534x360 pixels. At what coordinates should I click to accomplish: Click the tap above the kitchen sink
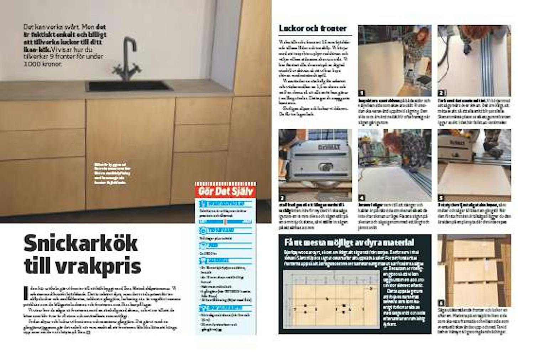pos(126,59)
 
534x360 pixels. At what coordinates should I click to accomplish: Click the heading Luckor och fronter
pos(313,28)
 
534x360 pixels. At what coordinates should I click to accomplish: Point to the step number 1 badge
pos(362,93)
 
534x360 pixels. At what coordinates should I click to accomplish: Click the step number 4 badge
pos(362,198)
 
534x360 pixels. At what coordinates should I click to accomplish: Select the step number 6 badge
pos(441,303)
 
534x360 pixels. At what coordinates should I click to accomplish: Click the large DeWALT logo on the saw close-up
pos(329,147)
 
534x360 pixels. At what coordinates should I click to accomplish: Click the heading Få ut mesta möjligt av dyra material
pos(349,242)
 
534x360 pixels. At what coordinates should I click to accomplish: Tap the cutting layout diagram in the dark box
pos(331,299)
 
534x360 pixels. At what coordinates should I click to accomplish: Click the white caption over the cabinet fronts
pos(112,174)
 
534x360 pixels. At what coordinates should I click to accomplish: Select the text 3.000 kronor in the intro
pos(43,64)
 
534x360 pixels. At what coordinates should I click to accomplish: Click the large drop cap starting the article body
pos(26,293)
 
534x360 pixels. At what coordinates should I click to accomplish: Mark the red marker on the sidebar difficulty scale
pos(225,222)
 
